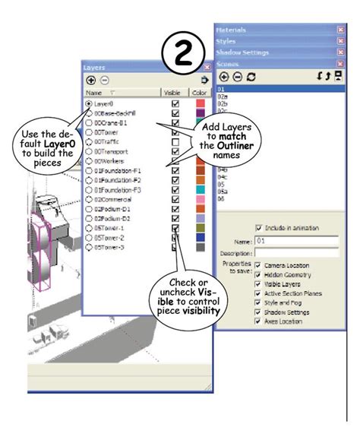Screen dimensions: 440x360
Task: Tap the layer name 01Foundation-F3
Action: click(x=118, y=190)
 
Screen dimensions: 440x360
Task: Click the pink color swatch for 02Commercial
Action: click(x=201, y=200)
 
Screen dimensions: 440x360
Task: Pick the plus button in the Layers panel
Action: click(x=90, y=80)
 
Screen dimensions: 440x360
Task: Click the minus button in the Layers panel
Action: click(x=104, y=80)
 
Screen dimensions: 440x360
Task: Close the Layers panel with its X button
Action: click(x=205, y=68)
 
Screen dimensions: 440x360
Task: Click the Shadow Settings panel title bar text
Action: click(x=244, y=52)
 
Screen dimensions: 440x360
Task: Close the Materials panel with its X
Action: click(x=340, y=29)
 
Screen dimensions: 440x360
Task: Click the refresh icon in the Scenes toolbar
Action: click(x=251, y=77)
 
